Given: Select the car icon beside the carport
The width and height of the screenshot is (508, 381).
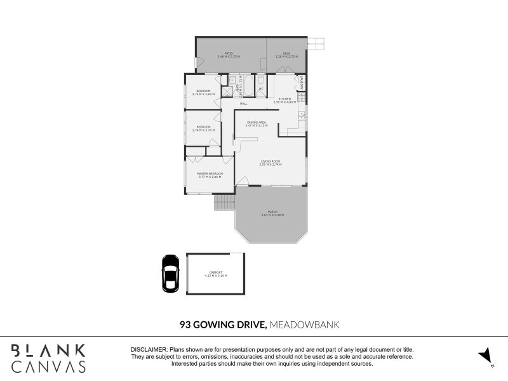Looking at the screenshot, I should pos(170,273).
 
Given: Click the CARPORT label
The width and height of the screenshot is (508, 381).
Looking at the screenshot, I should pos(215,274).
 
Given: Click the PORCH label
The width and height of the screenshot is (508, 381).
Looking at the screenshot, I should pos(271,212).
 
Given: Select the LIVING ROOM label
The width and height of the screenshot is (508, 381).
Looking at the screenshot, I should pos(271,162).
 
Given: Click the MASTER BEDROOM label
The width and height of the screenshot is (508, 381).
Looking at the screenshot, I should pos(210,174).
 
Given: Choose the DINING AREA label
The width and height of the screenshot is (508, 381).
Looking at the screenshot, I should pos(256,123).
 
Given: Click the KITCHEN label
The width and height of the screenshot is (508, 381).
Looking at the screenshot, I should pos(283,99).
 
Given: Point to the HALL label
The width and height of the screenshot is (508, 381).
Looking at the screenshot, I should pos(243,104).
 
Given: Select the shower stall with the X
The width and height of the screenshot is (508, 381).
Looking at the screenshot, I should pos(226,91).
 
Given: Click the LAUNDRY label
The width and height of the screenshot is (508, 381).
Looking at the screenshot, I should pos(302,83).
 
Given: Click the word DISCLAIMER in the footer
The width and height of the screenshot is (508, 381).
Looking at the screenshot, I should pos(149,350).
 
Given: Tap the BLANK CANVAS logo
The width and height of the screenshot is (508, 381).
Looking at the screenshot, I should pos(48,358).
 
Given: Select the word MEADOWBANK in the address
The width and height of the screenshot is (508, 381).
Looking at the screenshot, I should pos(304,324).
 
